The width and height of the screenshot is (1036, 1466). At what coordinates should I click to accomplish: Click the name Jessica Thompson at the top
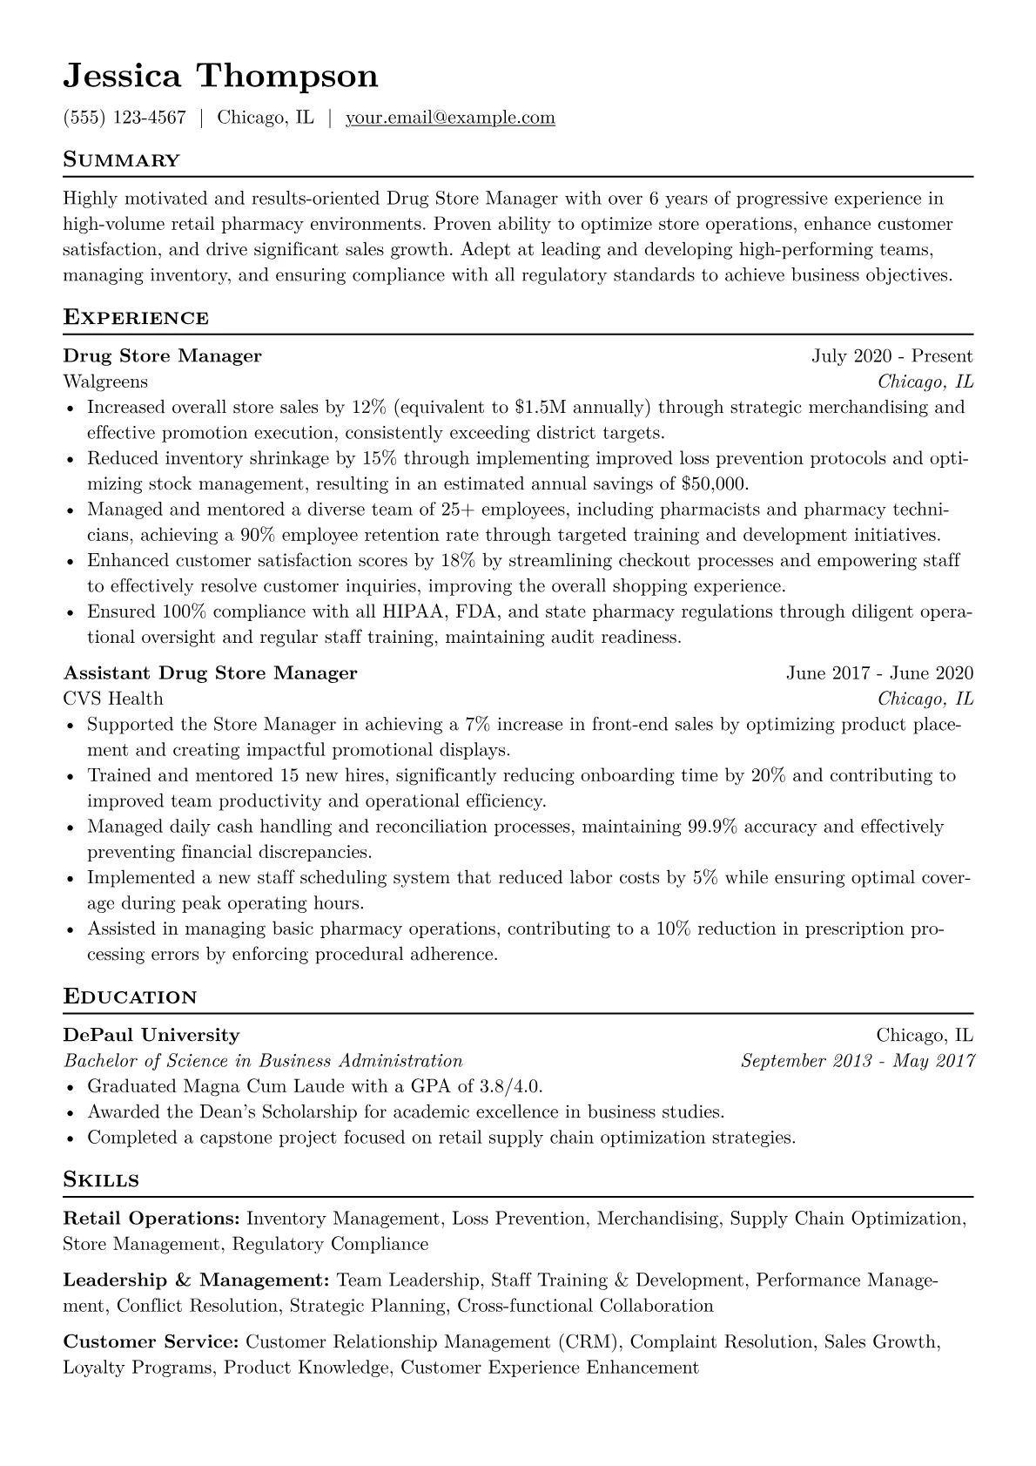click(220, 77)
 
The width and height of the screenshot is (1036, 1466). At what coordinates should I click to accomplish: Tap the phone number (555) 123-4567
click(124, 118)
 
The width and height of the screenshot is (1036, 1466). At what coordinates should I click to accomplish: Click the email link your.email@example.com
click(450, 118)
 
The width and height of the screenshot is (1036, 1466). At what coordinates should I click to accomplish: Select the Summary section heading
click(121, 160)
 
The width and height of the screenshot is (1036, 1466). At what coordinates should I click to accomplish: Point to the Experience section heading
click(136, 317)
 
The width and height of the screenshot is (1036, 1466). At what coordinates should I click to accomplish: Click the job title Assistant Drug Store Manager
click(210, 672)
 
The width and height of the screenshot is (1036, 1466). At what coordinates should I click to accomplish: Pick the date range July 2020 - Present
click(891, 355)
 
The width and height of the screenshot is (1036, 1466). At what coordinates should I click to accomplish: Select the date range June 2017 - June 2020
click(879, 672)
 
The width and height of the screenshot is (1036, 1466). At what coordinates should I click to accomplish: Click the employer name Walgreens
click(105, 382)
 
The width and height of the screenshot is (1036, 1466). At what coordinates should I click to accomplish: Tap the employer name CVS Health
click(113, 699)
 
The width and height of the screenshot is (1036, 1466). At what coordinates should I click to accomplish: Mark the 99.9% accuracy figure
click(713, 826)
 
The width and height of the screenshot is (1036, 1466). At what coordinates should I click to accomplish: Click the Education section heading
click(131, 996)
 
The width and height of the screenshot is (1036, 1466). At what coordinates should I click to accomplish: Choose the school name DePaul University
click(151, 1035)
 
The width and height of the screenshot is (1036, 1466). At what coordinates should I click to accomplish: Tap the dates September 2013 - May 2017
click(857, 1061)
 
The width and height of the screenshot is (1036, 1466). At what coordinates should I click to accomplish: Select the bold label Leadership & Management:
click(196, 1280)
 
